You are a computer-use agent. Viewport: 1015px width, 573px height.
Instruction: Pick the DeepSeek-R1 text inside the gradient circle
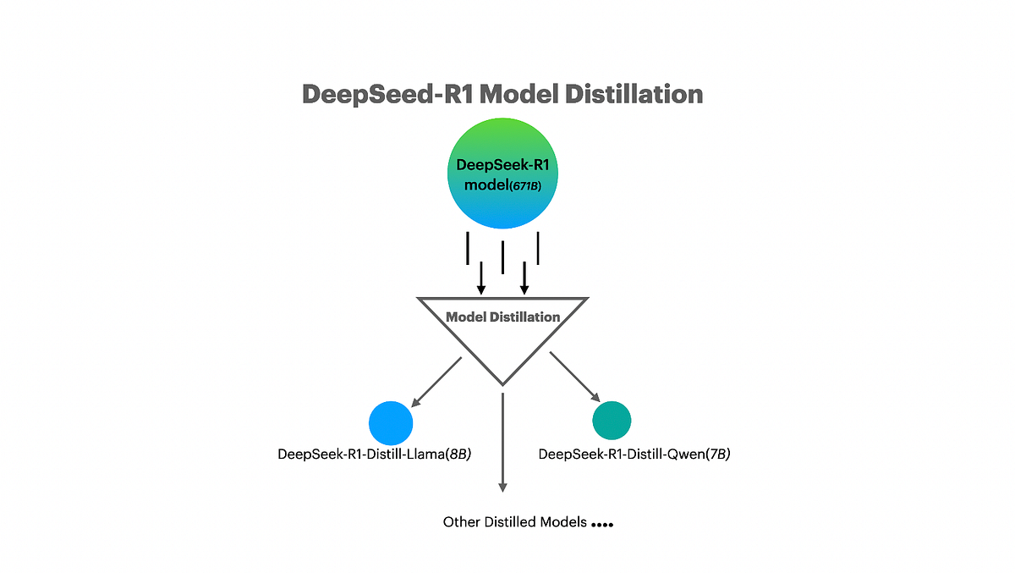pyautogui.click(x=502, y=164)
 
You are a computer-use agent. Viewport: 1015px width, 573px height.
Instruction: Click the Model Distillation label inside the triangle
pyautogui.click(x=502, y=317)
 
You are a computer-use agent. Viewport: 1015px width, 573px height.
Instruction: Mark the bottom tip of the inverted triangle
pyautogui.click(x=502, y=384)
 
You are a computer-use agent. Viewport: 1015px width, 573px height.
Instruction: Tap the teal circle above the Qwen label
pyautogui.click(x=612, y=420)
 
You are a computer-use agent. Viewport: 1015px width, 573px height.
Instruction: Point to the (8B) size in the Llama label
pyautogui.click(x=458, y=455)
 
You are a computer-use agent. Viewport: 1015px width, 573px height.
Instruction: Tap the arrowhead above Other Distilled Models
pyautogui.click(x=502, y=486)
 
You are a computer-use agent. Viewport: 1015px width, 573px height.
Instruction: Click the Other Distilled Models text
pyautogui.click(x=514, y=522)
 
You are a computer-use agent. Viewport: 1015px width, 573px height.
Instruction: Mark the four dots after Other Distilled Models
pyautogui.click(x=602, y=525)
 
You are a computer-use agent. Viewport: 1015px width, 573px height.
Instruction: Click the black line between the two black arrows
pyautogui.click(x=503, y=257)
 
